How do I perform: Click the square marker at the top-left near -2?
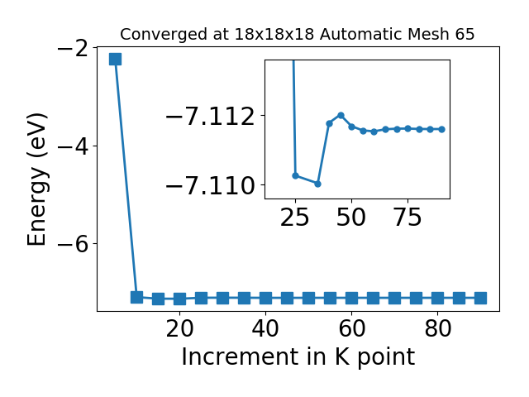pos(115,59)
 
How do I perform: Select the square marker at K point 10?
pos(136,297)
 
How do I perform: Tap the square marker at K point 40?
pos(265,299)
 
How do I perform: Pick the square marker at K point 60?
pos(351,299)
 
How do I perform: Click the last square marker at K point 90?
pos(480,299)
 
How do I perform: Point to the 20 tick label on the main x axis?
pos(180,328)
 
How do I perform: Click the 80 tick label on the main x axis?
pos(437,328)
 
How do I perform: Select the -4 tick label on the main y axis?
pos(74,146)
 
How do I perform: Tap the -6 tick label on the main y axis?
pos(74,244)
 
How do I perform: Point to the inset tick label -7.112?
pos(210,116)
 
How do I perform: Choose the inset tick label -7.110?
pos(210,185)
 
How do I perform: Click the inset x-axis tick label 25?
pos(295,217)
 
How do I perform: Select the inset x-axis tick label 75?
pos(407,217)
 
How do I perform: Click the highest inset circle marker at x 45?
pos(341,116)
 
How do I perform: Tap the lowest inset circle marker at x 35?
pos(317,184)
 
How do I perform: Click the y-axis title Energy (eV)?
pos(36,179)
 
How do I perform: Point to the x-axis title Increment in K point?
pos(298,356)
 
